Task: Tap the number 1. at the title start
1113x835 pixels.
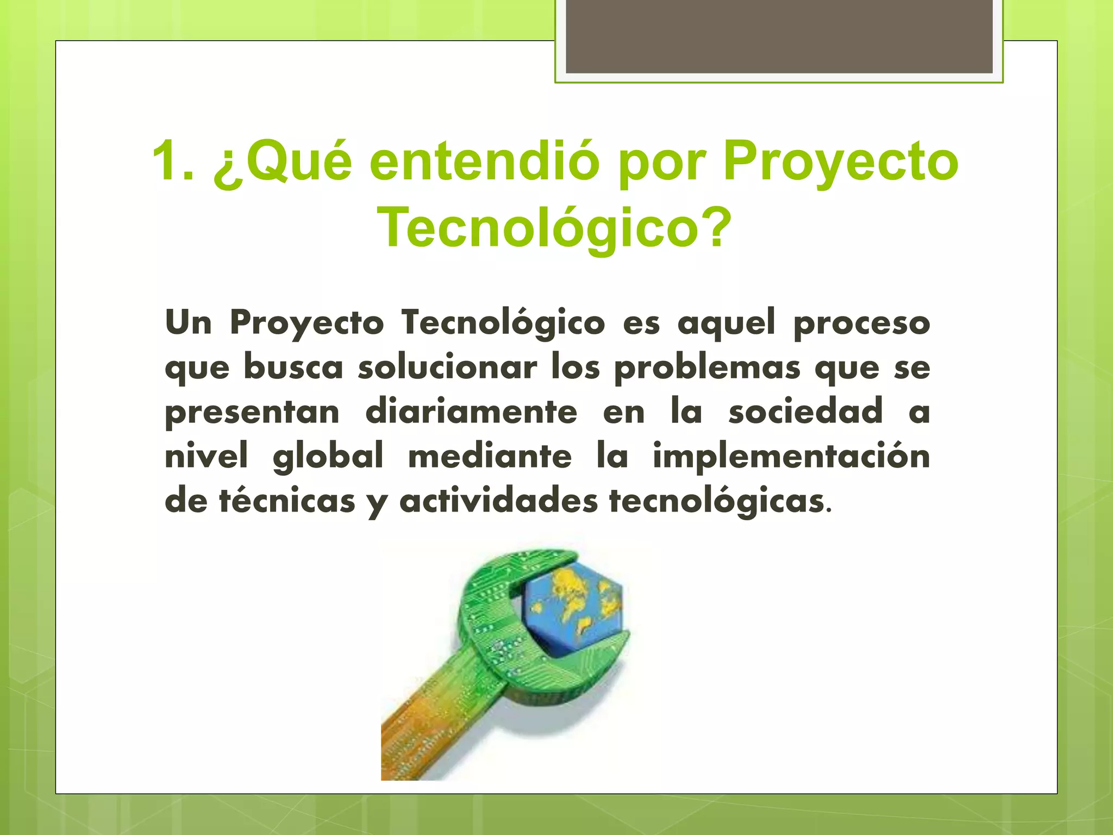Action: pyautogui.click(x=173, y=161)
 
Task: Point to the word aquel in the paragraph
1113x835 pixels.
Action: pyautogui.click(x=726, y=322)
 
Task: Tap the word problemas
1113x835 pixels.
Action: pyautogui.click(x=707, y=368)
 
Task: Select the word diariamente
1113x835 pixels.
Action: pyautogui.click(x=471, y=412)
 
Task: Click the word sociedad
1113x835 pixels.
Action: pyautogui.click(x=805, y=412)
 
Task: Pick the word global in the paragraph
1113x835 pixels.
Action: pyautogui.click(x=328, y=457)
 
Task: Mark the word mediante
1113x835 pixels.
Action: pyautogui.click(x=490, y=456)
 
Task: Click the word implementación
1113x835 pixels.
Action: pyautogui.click(x=791, y=456)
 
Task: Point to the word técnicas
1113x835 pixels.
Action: pyautogui.click(x=287, y=501)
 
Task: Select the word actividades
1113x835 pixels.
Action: pyautogui.click(x=498, y=501)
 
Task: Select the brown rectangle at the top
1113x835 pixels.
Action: pyautogui.click(x=779, y=36)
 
